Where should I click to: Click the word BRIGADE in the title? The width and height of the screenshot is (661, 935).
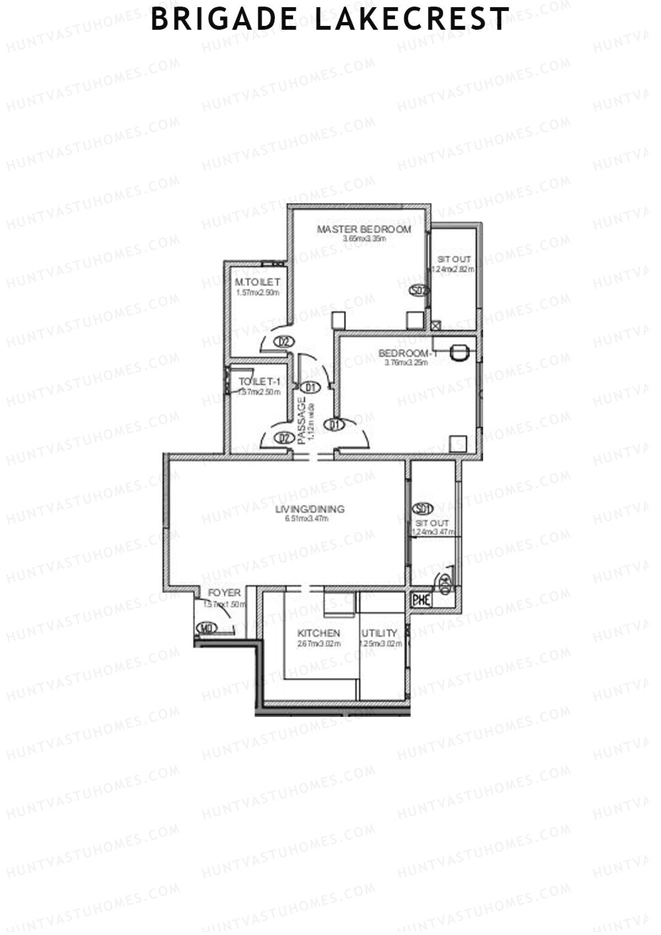pyautogui.click(x=224, y=19)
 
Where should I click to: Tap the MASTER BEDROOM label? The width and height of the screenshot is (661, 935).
pyautogui.click(x=364, y=229)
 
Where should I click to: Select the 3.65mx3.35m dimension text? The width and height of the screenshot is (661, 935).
pyautogui.click(x=364, y=239)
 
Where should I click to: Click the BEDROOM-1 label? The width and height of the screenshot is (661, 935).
pyautogui.click(x=408, y=353)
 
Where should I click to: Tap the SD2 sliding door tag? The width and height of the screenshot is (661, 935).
pyautogui.click(x=419, y=290)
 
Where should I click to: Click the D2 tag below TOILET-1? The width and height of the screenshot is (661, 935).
pyautogui.click(x=284, y=439)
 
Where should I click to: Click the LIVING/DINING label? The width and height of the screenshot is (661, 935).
pyautogui.click(x=310, y=509)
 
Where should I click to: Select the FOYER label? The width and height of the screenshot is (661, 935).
pyautogui.click(x=224, y=593)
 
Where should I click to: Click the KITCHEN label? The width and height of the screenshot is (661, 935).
pyautogui.click(x=318, y=634)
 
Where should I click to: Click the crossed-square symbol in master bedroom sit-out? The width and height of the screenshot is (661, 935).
pyautogui.click(x=436, y=325)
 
